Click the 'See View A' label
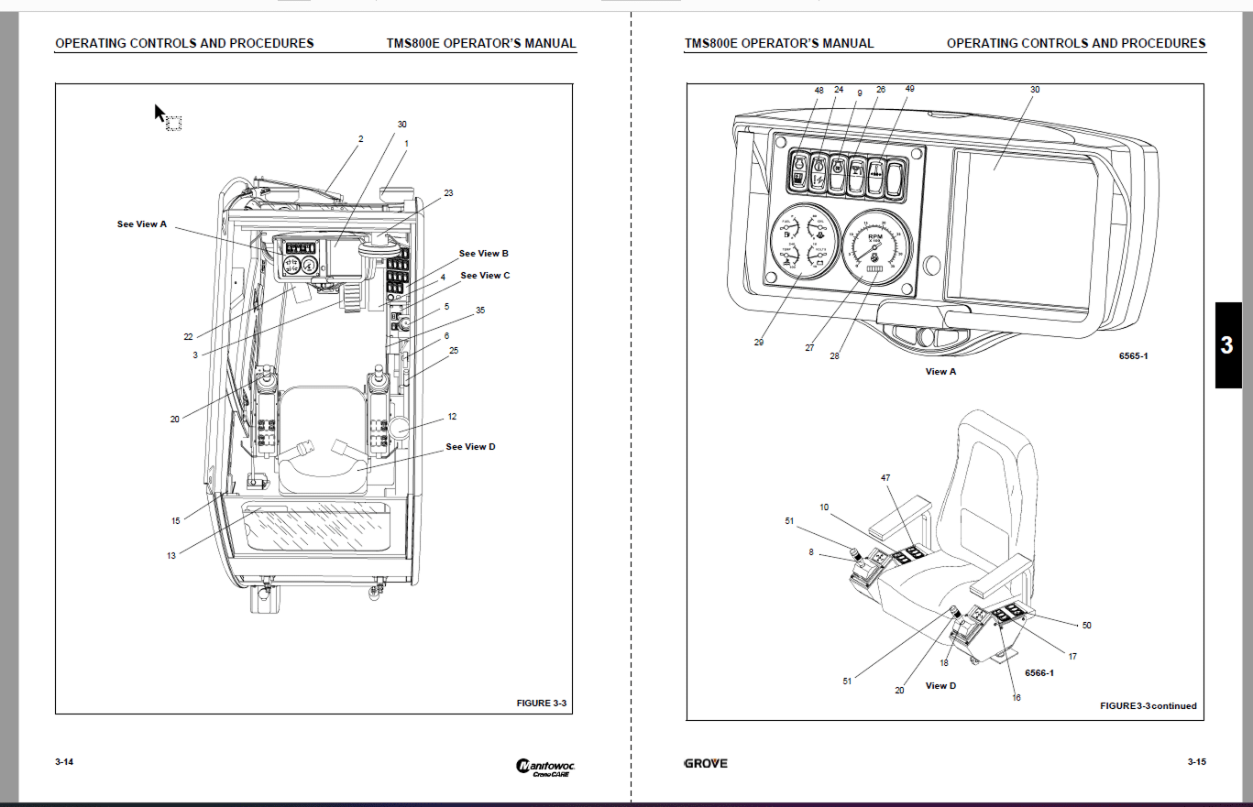pos(142,224)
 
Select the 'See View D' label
pos(470,447)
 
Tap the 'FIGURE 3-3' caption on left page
pos(542,703)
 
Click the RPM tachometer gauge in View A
pos(875,246)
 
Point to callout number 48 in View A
pos(819,91)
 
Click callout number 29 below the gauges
pos(759,343)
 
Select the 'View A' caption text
pos(940,372)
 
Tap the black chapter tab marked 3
pos(1228,345)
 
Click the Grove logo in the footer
pos(706,763)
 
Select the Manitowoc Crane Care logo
pos(545,768)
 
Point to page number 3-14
pos(64,762)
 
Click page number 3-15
pos(1196,762)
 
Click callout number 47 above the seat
pos(885,478)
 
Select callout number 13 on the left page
pos(171,554)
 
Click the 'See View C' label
pos(485,275)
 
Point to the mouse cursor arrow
pos(159,113)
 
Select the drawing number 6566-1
pos(1039,673)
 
